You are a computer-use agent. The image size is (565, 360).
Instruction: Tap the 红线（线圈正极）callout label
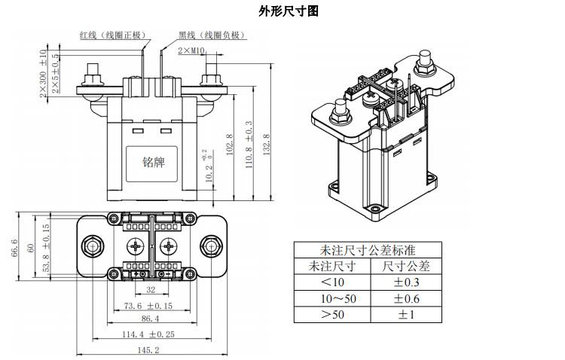click(x=114, y=35)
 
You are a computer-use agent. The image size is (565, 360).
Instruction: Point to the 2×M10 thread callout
click(x=192, y=50)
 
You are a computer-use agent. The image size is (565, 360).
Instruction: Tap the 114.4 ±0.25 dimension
click(x=148, y=334)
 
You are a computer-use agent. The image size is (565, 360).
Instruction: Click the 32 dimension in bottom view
click(x=150, y=289)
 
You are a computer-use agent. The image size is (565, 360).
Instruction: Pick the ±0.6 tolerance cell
click(x=407, y=298)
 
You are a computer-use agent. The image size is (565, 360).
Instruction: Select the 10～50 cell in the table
click(x=332, y=298)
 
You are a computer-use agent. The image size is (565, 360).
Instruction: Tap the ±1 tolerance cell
click(x=407, y=314)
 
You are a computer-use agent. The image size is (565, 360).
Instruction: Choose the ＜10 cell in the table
click(x=332, y=282)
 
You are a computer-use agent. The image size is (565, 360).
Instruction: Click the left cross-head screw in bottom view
click(x=136, y=246)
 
